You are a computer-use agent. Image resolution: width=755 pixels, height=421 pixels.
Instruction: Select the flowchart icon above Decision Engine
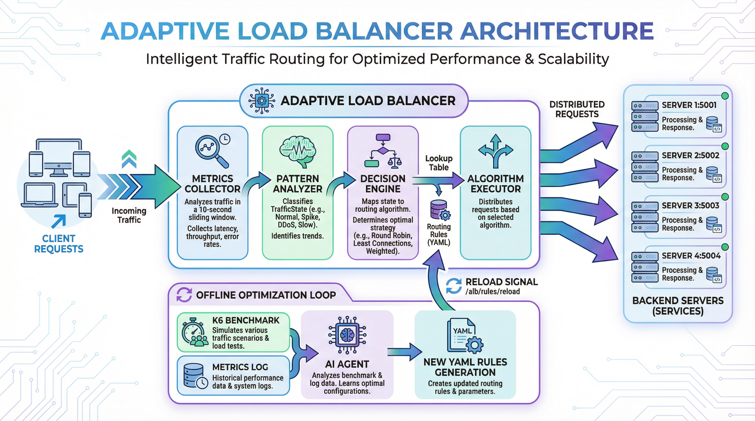pyautogui.click(x=383, y=151)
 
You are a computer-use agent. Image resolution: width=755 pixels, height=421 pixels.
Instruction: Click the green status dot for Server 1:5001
pyautogui.click(x=725, y=96)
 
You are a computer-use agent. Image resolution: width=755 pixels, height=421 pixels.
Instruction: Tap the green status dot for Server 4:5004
pyautogui.click(x=725, y=247)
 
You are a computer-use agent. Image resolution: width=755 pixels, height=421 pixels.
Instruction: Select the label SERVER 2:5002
pyautogui.click(x=691, y=155)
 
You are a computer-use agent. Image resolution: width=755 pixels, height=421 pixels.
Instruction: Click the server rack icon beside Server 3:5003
pyautogui.click(x=645, y=217)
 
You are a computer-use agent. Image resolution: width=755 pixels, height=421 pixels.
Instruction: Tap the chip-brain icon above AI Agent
pyautogui.click(x=347, y=335)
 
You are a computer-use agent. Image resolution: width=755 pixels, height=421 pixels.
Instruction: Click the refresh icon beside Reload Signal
pyautogui.click(x=454, y=286)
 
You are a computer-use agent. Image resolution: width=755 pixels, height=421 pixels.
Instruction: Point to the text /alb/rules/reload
pyautogui.click(x=492, y=292)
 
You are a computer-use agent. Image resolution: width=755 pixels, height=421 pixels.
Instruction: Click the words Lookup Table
pyautogui.click(x=439, y=163)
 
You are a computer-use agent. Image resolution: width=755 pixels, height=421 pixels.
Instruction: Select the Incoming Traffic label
pyautogui.click(x=129, y=215)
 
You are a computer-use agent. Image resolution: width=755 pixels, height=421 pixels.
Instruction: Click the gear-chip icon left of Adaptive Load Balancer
pyautogui.click(x=261, y=101)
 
